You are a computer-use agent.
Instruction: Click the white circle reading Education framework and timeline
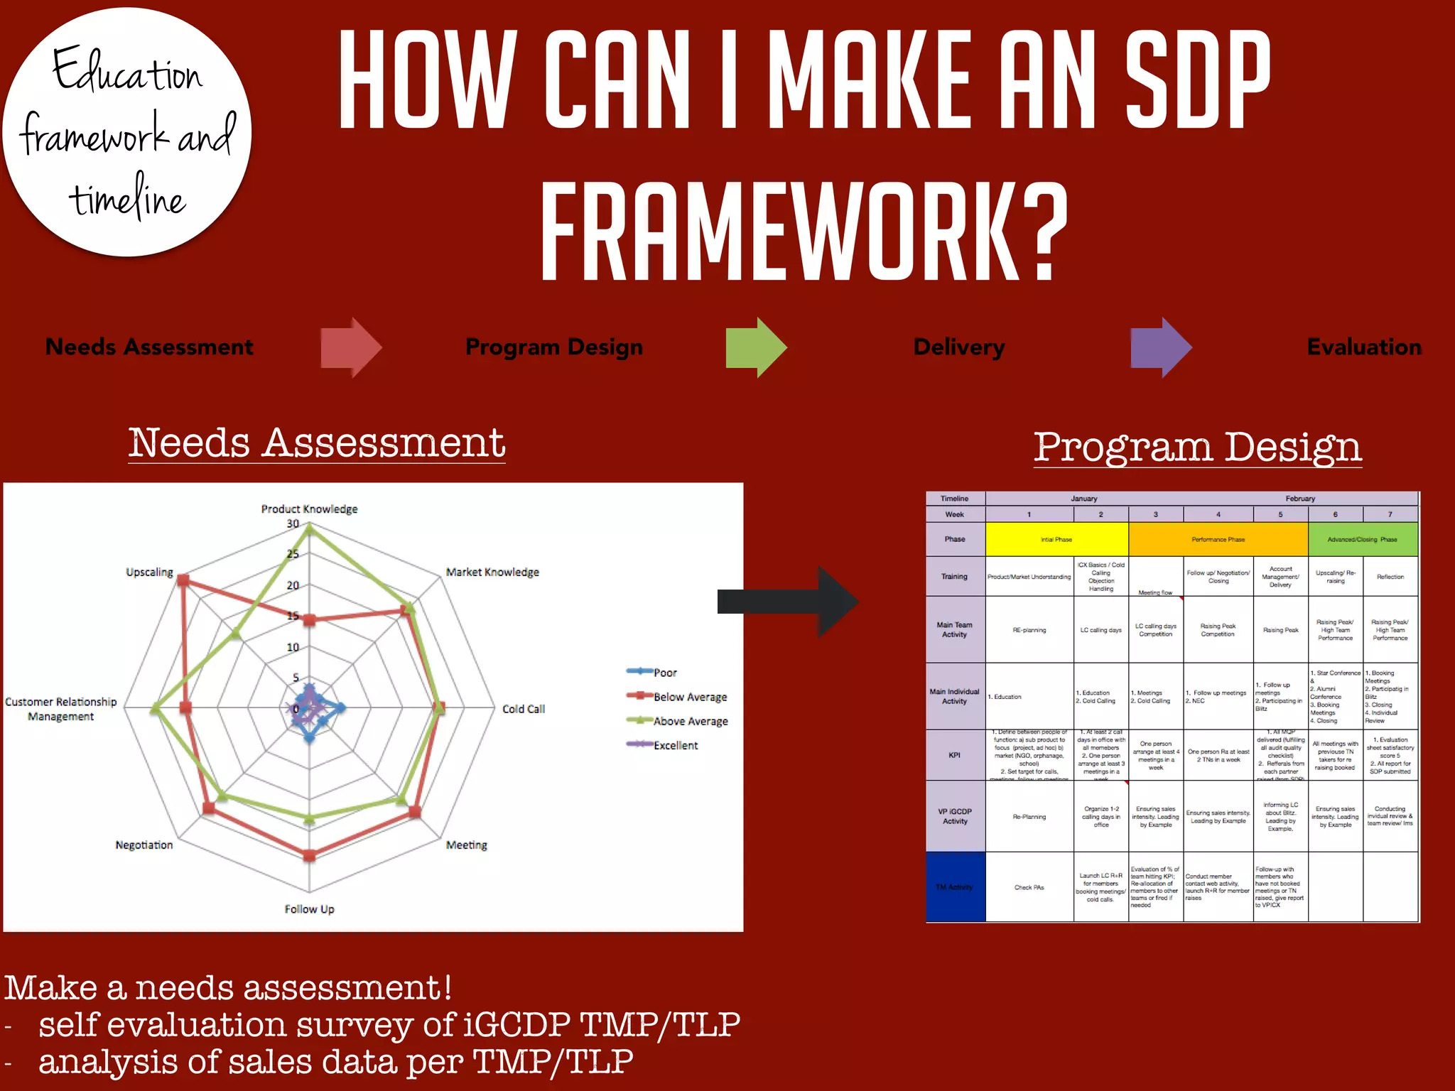tap(128, 131)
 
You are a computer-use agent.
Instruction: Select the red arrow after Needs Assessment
tap(351, 347)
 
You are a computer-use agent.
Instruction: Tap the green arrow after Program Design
tap(756, 347)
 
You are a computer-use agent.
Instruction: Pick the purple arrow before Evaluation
tap(1161, 347)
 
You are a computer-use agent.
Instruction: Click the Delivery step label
tap(958, 347)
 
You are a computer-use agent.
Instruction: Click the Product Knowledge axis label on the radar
tap(309, 509)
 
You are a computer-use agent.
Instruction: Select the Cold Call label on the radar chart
tap(523, 709)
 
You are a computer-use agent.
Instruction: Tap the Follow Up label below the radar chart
tap(309, 909)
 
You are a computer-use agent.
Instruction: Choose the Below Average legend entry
tap(689, 697)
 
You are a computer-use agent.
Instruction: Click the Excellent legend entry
tap(675, 745)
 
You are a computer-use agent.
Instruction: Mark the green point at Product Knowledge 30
tap(309, 527)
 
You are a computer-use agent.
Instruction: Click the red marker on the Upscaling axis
tap(183, 581)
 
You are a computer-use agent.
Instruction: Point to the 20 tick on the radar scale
tap(293, 585)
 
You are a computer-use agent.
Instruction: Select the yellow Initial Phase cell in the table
tap(1056, 539)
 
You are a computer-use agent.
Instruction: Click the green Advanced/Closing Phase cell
tap(1362, 539)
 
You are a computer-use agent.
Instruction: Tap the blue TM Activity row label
tap(955, 887)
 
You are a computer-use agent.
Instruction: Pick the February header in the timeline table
tap(1299, 499)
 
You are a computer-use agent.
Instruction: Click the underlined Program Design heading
tap(1197, 447)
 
